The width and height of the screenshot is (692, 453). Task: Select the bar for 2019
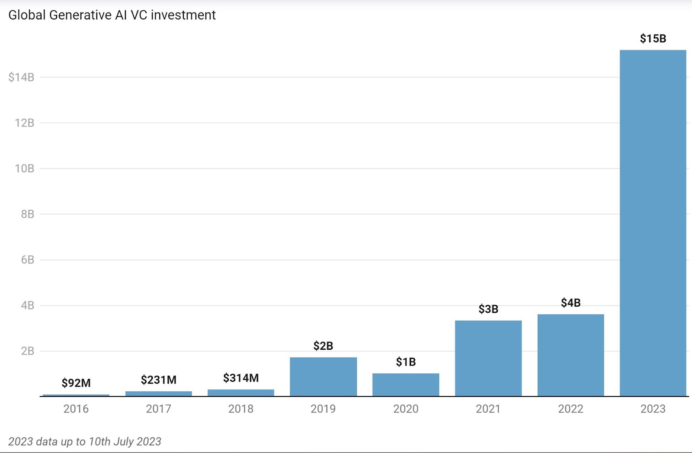[323, 377]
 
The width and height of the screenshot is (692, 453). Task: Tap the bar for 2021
[488, 358]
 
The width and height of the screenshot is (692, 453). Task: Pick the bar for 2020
[406, 385]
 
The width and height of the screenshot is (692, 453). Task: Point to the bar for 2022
[570, 355]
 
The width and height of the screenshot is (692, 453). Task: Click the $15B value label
[653, 39]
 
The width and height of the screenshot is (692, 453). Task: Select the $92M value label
[76, 383]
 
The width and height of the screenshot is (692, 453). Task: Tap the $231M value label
[158, 380]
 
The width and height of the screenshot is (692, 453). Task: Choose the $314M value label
[241, 378]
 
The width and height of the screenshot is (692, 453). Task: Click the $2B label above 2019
[323, 345]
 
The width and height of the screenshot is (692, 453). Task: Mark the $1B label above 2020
[406, 362]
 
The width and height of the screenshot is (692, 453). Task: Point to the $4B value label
[570, 303]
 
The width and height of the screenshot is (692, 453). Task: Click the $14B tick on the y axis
[21, 77]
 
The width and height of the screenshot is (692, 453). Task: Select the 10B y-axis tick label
[24, 168]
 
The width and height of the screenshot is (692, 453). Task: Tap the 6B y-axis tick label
[27, 260]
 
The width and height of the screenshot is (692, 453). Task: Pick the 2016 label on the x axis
[76, 409]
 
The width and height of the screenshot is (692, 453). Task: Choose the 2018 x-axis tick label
[241, 409]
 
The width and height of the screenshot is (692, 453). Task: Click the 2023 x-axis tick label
[653, 409]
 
